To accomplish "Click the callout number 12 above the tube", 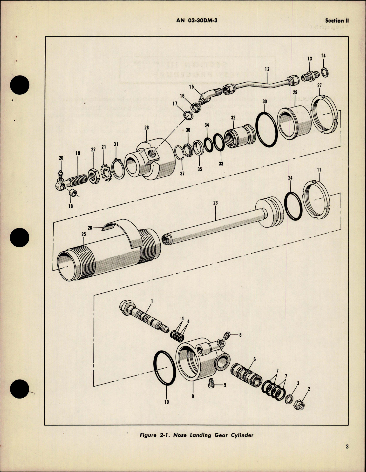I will pos(267,69).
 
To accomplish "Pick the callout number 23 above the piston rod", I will pos(215,203).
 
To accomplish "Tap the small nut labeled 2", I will pos(300,404).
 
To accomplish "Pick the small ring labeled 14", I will pos(325,72).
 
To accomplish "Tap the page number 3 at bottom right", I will pos(347,447).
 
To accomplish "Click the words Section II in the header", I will pos(337,21).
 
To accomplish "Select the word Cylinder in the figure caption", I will pos(242,435).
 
